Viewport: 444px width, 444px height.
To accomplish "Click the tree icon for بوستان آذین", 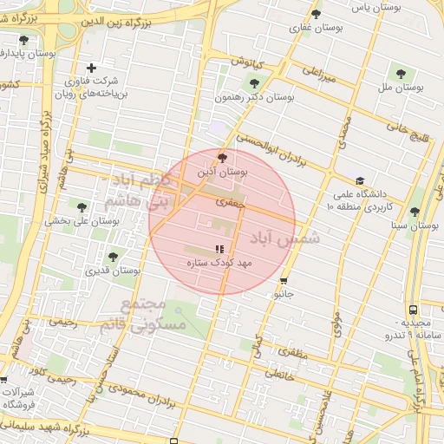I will coord(224,158).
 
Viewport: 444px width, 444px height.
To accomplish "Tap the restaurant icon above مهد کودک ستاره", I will coord(219,249).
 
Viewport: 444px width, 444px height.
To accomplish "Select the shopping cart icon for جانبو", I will coord(284,280).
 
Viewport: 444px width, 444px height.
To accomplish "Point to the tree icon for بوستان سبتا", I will coord(415,211).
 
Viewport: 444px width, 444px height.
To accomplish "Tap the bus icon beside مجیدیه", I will coord(413,310).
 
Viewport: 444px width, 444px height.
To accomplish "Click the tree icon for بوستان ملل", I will coord(400,73).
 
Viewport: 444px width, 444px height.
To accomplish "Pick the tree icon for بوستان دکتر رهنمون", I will coord(253,84).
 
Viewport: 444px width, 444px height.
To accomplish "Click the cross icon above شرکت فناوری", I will coord(92,68).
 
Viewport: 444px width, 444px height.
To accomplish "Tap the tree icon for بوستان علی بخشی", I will coord(82,207).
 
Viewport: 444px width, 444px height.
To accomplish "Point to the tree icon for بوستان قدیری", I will coord(113,257).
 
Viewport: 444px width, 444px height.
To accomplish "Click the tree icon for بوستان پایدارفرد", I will coord(23,40).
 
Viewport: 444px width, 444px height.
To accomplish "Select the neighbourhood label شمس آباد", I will coord(285,238).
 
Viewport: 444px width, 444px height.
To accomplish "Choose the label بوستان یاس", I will coord(367,7).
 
